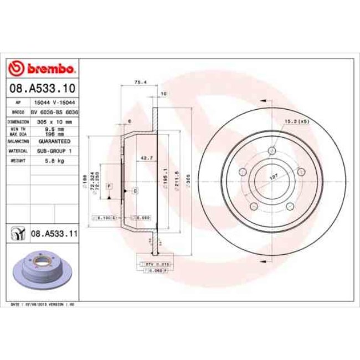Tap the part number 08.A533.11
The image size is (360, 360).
pos(54,234)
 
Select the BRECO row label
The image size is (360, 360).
pos(17,111)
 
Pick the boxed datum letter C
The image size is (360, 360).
pos(135,191)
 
